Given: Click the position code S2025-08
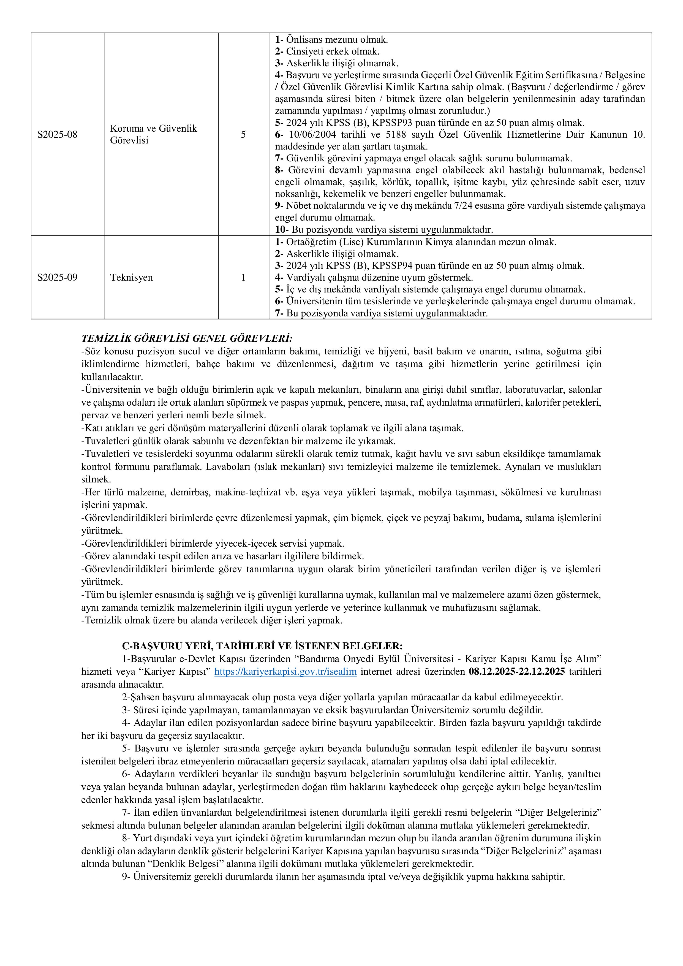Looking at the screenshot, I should (x=57, y=135).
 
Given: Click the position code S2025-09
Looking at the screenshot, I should (x=57, y=278).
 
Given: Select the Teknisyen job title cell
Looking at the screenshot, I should (x=131, y=278).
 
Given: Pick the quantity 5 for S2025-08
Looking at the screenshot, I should (x=243, y=135).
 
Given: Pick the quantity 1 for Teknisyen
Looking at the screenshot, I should (x=243, y=278).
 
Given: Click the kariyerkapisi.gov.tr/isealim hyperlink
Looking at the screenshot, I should (x=285, y=672).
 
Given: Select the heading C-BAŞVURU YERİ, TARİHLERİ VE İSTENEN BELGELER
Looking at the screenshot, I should (x=262, y=646).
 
